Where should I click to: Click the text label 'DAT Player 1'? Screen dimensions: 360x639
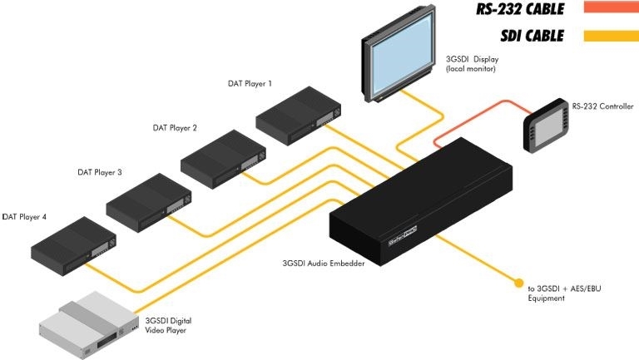coord(250,84)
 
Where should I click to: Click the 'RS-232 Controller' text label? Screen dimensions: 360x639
coord(602,106)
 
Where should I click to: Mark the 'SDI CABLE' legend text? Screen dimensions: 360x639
coord(532,36)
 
